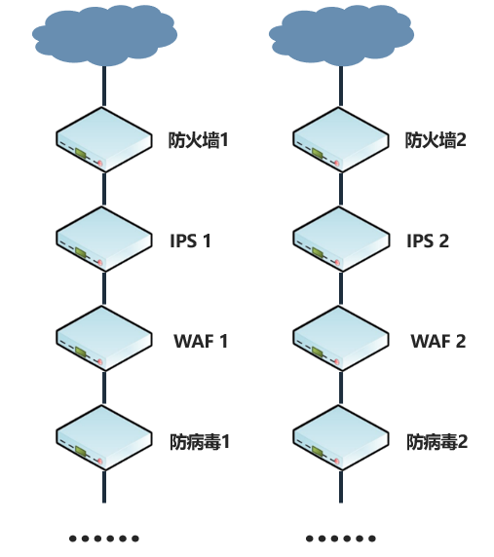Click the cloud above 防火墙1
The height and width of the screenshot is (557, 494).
[x=104, y=35]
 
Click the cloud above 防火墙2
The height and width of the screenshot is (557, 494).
[x=341, y=35]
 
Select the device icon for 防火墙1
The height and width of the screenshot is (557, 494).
[x=104, y=139]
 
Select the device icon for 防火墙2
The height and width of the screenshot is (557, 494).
[x=341, y=139]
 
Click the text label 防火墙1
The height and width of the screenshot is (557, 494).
[x=199, y=140]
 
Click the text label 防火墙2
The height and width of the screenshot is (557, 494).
[x=437, y=140]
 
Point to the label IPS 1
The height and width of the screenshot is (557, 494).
[x=190, y=241]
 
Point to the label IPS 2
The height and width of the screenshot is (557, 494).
[x=428, y=241]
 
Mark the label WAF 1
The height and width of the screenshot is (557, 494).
[x=201, y=341]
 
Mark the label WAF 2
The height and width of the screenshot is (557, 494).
[x=438, y=341]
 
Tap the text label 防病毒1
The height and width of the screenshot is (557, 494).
[x=199, y=441]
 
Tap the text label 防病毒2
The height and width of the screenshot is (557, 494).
[x=437, y=441]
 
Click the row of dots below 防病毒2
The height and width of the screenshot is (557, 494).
[x=341, y=538]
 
